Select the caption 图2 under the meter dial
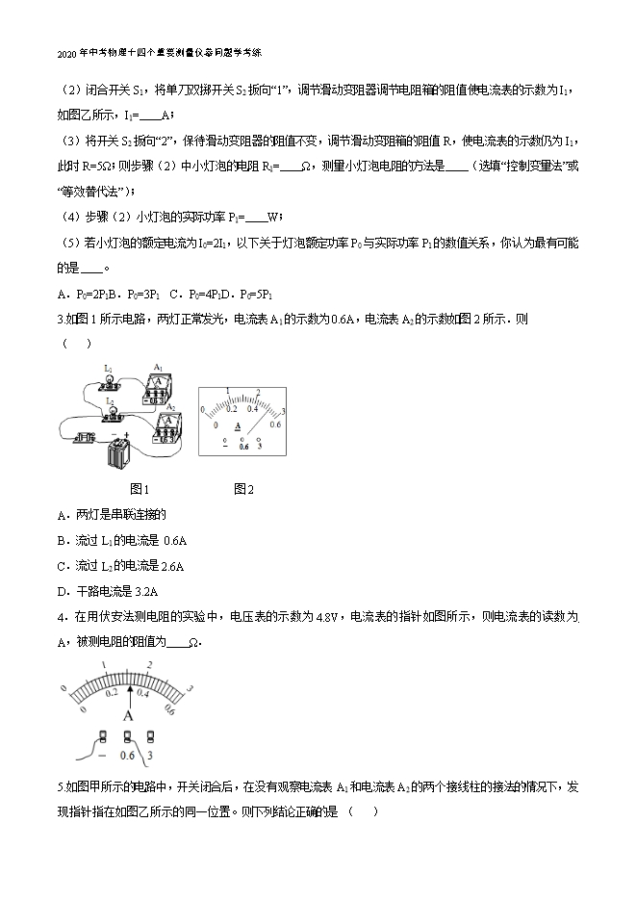point(243,489)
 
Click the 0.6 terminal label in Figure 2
point(243,446)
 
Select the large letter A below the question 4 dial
point(128,715)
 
